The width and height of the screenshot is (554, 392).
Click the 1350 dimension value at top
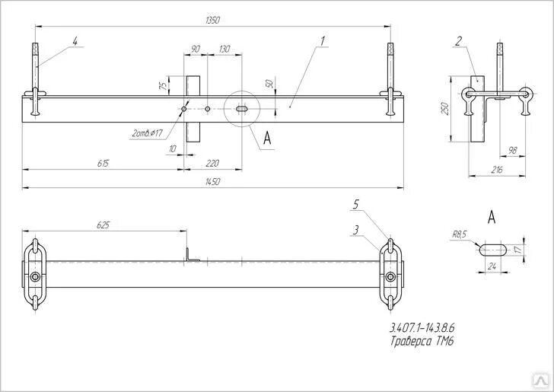pyautogui.click(x=212, y=21)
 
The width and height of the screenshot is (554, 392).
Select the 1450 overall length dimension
pyautogui.click(x=212, y=181)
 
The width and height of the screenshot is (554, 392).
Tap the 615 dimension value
pyautogui.click(x=103, y=163)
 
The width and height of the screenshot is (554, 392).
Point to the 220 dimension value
pyautogui.click(x=212, y=163)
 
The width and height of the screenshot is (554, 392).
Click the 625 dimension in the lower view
pyautogui.click(x=103, y=225)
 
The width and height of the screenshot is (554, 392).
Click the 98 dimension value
pyautogui.click(x=511, y=151)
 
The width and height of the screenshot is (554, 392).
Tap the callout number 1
pyautogui.click(x=323, y=40)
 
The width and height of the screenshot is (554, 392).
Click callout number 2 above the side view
pyautogui.click(x=458, y=41)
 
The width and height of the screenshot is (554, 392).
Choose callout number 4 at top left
pyautogui.click(x=74, y=40)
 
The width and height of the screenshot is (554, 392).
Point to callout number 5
pyautogui.click(x=355, y=204)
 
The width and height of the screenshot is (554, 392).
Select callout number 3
pyautogui.click(x=355, y=228)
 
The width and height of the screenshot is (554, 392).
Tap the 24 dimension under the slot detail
pyautogui.click(x=491, y=266)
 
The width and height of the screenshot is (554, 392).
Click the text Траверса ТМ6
pyautogui.click(x=422, y=342)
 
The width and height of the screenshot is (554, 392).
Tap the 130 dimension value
pyautogui.click(x=224, y=49)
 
